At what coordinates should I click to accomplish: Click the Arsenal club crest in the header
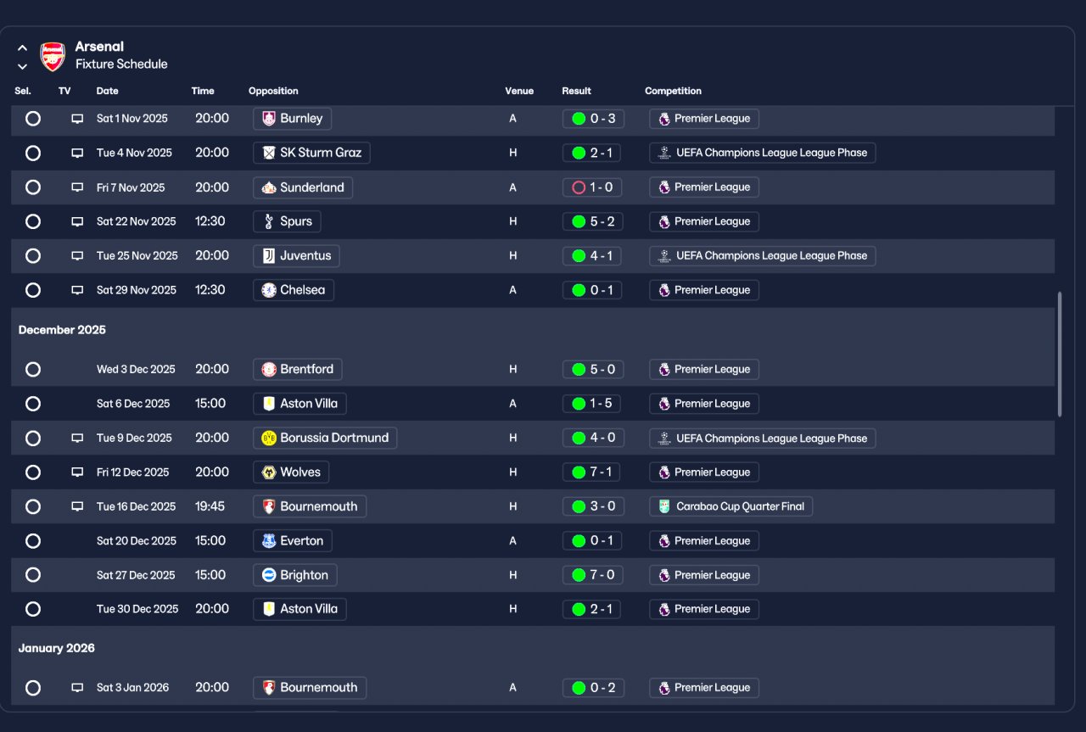point(53,56)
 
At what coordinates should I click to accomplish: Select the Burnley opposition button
point(292,119)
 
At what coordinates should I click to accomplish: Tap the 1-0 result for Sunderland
point(592,187)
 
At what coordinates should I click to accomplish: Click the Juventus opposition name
point(305,256)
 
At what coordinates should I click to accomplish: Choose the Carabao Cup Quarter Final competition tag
point(731,506)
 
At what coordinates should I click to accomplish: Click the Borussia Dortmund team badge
point(269,439)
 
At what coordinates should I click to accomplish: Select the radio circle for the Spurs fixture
point(33,221)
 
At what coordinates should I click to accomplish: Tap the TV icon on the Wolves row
point(77,472)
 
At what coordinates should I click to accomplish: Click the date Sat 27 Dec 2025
point(136,575)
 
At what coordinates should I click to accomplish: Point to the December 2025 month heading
point(62,330)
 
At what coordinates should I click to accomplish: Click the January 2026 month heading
point(56,648)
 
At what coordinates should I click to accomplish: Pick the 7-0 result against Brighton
point(593,575)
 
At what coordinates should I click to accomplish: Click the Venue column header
point(519,91)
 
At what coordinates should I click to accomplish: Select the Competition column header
point(673,91)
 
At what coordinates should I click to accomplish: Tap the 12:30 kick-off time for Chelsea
point(210,290)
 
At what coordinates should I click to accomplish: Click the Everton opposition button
point(293,541)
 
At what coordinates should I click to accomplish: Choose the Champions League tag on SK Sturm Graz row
point(762,154)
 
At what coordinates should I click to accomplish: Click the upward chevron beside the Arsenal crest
point(22,48)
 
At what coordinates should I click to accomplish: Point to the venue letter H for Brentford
point(513,370)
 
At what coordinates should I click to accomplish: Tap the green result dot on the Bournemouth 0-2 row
point(579,688)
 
